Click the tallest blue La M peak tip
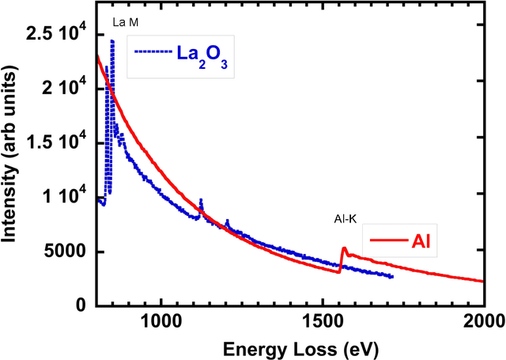point(112,40)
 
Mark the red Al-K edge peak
point(344,248)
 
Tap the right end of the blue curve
point(392,276)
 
